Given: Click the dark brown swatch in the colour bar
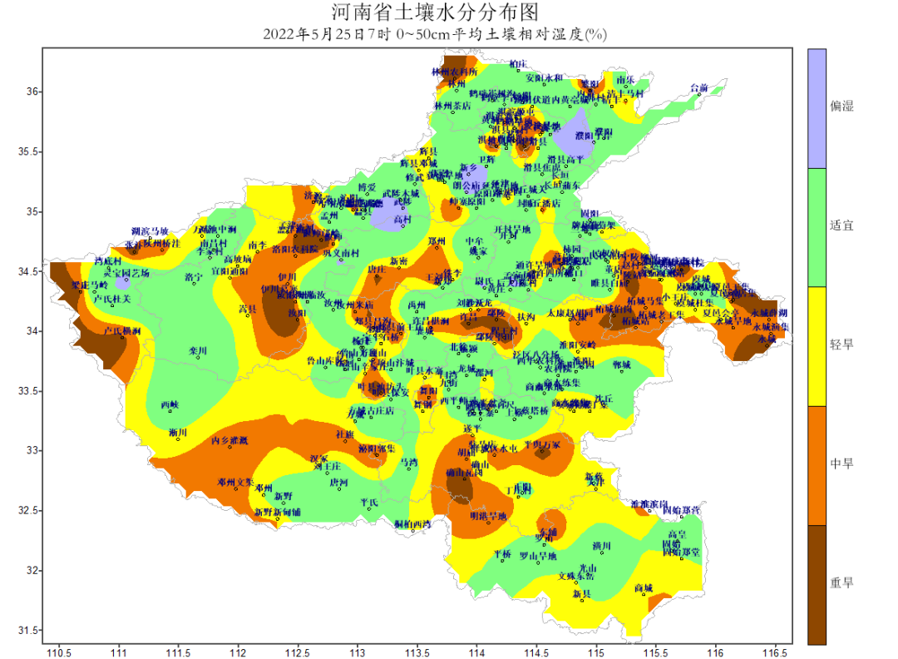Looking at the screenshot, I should [817, 584].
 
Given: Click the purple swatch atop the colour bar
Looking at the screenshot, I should [817, 108].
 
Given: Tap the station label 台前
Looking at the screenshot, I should [699, 87].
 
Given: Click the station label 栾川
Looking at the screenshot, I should [198, 351].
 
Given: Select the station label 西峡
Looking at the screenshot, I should [170, 405].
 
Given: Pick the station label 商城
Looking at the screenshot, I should [643, 588].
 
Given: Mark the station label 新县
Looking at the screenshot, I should [581, 594].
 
